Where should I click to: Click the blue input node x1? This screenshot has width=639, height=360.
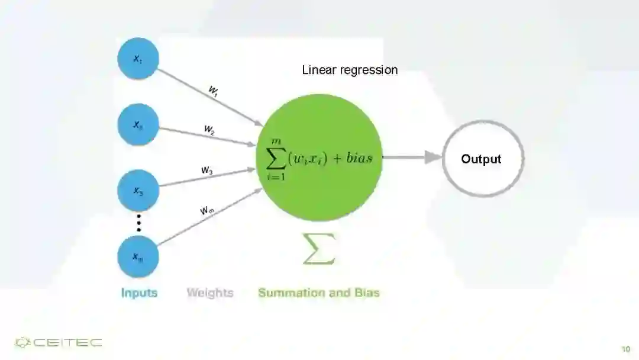point(138,59)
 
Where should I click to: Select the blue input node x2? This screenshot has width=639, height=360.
point(138,125)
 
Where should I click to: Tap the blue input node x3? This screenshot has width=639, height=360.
point(138,191)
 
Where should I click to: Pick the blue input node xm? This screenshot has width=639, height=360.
point(138,256)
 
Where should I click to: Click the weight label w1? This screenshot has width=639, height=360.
point(214,91)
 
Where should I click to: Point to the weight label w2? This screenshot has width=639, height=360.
point(209,130)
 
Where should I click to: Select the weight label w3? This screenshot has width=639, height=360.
point(206,171)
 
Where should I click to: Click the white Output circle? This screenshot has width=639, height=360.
point(482,159)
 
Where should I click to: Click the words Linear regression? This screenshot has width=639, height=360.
point(350,70)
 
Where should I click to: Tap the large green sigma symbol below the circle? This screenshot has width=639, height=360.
point(319,249)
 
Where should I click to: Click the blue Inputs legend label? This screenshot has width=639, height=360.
point(139,292)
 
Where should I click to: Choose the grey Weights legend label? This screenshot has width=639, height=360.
point(210,292)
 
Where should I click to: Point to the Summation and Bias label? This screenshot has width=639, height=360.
point(319,292)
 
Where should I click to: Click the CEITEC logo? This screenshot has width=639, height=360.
point(58,343)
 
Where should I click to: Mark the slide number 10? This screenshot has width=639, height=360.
point(625,349)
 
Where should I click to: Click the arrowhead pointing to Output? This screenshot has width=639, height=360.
point(434,157)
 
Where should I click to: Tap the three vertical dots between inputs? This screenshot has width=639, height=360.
point(139,223)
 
